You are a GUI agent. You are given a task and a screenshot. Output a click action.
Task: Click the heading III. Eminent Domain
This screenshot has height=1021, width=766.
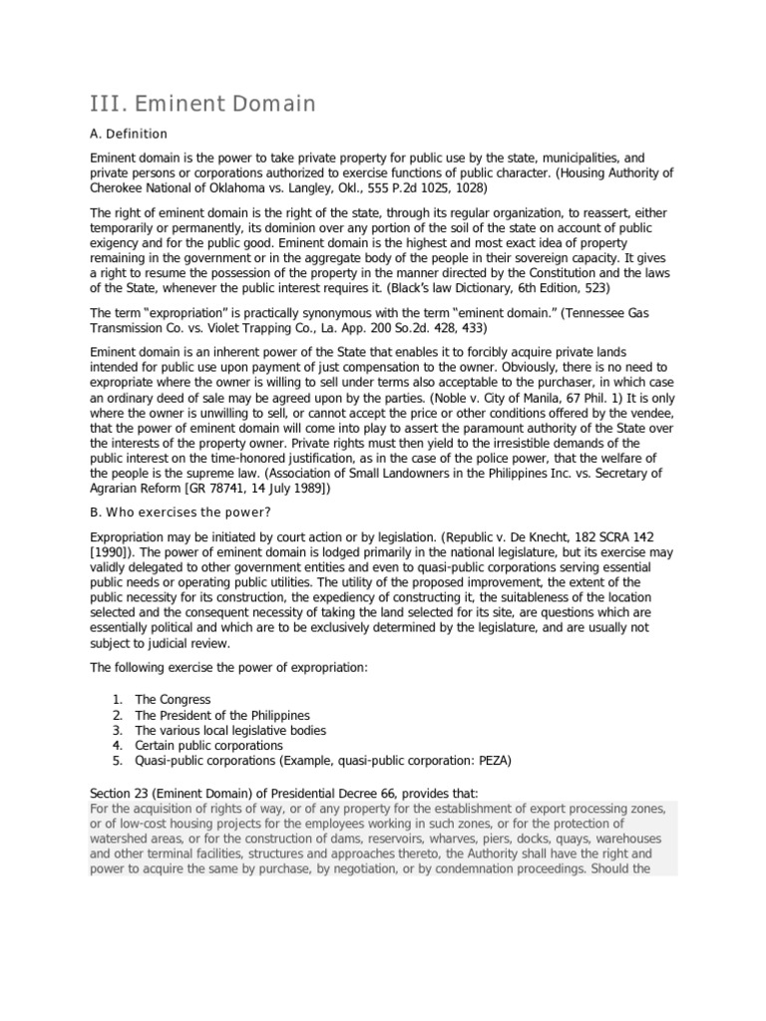pyautogui.click(x=202, y=104)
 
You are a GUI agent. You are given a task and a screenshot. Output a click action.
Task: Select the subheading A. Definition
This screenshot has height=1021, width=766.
pyautogui.click(x=129, y=134)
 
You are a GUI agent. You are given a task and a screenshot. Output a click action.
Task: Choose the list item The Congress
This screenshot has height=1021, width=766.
pyautogui.click(x=173, y=700)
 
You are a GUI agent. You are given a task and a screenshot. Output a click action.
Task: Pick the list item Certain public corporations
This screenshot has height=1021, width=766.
pyautogui.click(x=208, y=745)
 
